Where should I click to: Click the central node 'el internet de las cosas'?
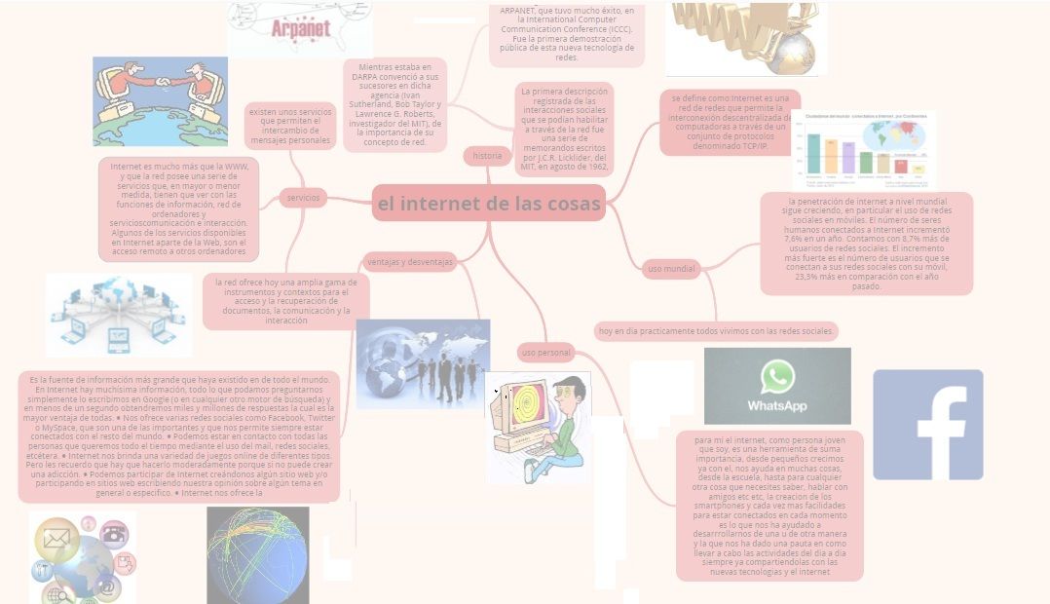(x=488, y=204)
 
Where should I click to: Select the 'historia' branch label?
(x=487, y=156)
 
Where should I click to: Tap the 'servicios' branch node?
(x=303, y=198)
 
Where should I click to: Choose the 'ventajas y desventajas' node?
(x=409, y=261)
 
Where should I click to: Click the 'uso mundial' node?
(x=672, y=268)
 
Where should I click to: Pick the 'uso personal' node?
(x=545, y=352)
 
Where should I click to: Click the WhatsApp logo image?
(x=777, y=386)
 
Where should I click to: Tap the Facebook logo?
(x=927, y=425)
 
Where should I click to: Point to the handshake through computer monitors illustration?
(x=160, y=88)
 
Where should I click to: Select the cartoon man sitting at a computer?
(x=537, y=425)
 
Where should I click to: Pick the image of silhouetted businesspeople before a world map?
(x=423, y=363)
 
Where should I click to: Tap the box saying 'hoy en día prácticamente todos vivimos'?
(x=716, y=331)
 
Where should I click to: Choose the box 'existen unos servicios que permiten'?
(x=290, y=127)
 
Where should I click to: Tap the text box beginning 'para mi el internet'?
(x=769, y=506)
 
